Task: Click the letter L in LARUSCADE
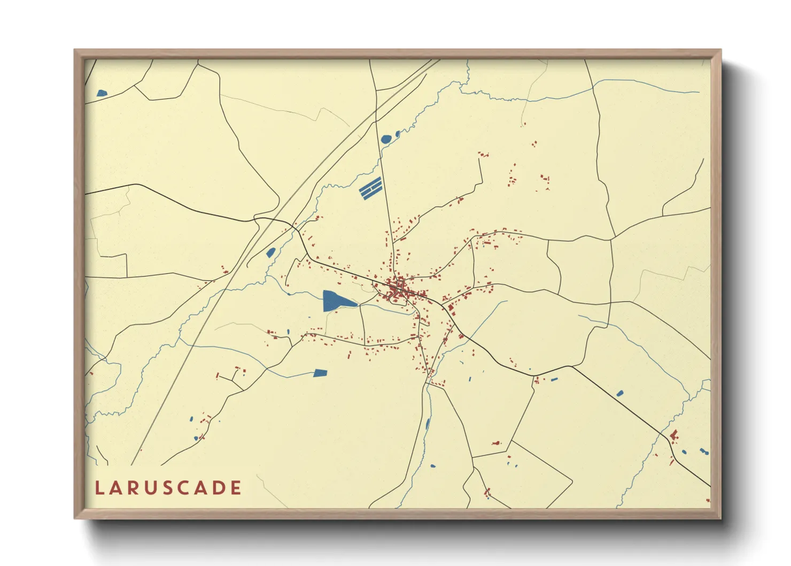tap(99, 488)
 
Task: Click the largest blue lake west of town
tap(335, 301)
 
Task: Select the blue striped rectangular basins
tap(370, 188)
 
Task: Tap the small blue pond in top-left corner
tap(102, 93)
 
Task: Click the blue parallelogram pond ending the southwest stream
tap(320, 373)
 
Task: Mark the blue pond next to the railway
tap(270, 252)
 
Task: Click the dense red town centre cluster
tap(398, 290)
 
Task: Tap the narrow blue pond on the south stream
tap(427, 425)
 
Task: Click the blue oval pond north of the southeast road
tap(619, 393)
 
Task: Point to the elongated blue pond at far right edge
tap(704, 452)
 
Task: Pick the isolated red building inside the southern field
tap(496, 443)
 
